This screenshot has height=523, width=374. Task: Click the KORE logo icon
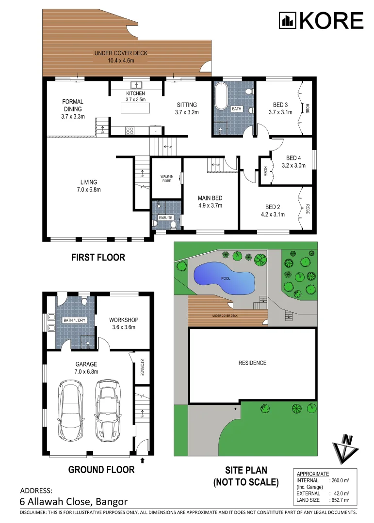[x=287, y=21]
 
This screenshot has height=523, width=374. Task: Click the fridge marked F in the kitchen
[x=155, y=131]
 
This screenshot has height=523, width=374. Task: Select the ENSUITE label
[x=165, y=218]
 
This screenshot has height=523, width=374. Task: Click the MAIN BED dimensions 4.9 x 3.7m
[x=210, y=205]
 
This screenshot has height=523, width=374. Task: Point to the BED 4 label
[x=293, y=158]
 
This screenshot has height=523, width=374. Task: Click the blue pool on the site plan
[x=224, y=279]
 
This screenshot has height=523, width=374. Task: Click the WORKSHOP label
[x=124, y=320]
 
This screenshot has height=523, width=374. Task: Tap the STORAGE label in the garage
[x=142, y=367]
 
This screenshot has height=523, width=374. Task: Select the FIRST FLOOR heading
[x=98, y=257]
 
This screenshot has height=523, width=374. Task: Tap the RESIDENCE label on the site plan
[x=252, y=363]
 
